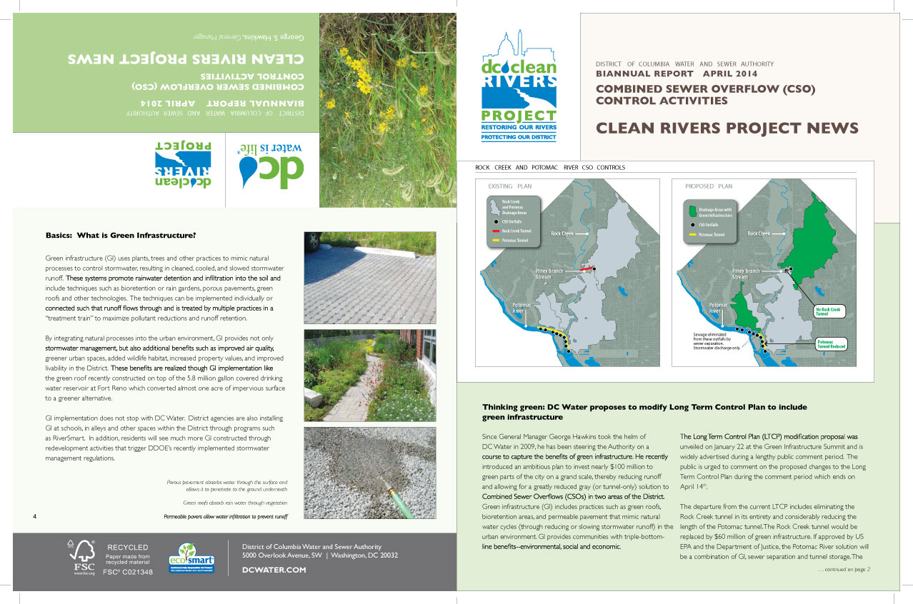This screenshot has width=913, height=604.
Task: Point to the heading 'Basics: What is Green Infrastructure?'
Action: pos(121,235)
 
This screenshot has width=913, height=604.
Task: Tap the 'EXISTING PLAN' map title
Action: pos(510,186)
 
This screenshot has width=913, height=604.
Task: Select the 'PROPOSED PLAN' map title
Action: pos(709,186)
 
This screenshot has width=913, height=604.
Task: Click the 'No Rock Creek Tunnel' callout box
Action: pos(829,311)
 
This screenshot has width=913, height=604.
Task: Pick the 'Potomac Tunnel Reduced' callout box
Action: pos(831,343)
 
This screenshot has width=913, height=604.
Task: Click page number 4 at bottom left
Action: pos(34,515)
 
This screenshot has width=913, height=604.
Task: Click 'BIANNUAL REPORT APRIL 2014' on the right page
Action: pos(677,74)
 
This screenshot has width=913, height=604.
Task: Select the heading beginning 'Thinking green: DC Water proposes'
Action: pos(644,412)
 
